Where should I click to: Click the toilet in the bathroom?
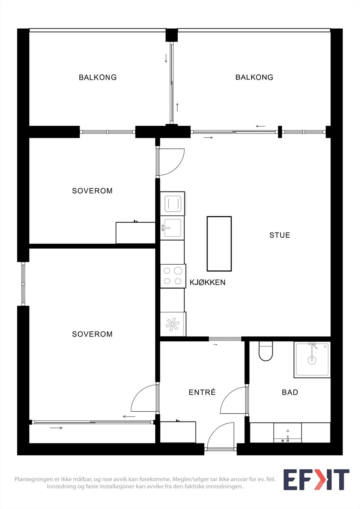(266, 352)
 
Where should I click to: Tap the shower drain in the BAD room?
(312, 360)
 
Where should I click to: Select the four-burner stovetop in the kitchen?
(173, 276)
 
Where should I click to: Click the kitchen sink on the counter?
(173, 228)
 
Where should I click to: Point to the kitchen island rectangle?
(219, 244)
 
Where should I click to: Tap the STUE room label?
(279, 235)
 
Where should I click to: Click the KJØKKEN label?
(208, 282)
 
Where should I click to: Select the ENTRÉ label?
(202, 392)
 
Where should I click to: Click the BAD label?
(290, 392)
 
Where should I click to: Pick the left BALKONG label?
(98, 77)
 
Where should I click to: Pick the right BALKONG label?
(254, 77)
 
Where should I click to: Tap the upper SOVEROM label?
(92, 191)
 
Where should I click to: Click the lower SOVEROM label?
(92, 334)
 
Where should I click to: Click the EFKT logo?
(316, 480)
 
